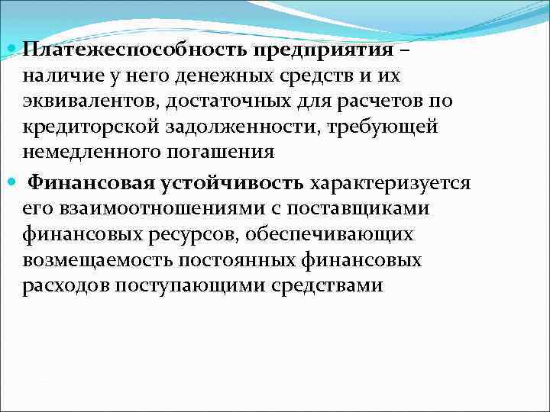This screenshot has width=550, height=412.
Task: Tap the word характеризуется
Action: (x=391, y=184)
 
